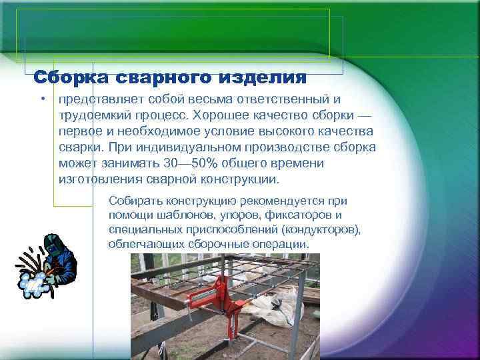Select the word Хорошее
[225, 115]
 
